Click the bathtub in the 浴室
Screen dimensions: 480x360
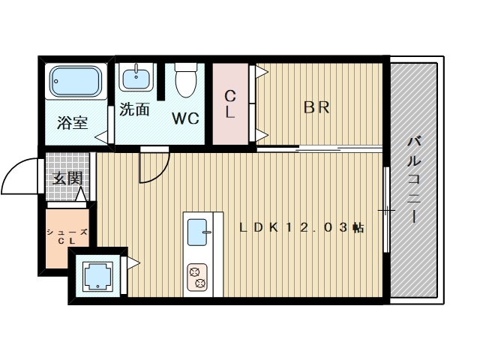pyautogui.click(x=76, y=81)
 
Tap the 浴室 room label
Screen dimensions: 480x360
pyautogui.click(x=73, y=123)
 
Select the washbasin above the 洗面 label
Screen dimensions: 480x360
pyautogui.click(x=136, y=77)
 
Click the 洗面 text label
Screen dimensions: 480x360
pyautogui.click(x=134, y=109)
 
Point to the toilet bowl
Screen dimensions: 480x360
pyautogui.click(x=186, y=80)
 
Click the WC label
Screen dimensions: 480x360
pyautogui.click(x=185, y=118)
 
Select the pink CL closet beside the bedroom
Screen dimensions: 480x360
pyautogui.click(x=230, y=103)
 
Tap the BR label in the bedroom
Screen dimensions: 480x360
pyautogui.click(x=316, y=107)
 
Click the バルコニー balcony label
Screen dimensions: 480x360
pyautogui.click(x=413, y=180)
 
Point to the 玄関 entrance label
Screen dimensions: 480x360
pyautogui.click(x=67, y=178)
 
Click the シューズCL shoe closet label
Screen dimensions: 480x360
pyautogui.click(x=67, y=237)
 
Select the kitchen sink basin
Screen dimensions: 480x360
pyautogui.click(x=197, y=232)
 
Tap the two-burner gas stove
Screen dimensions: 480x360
pyautogui.click(x=197, y=277)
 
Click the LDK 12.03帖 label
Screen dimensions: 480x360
pyautogui.click(x=301, y=227)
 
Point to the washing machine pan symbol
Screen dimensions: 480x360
pyautogui.click(x=98, y=276)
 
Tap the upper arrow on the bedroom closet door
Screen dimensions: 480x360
pyautogui.click(x=262, y=72)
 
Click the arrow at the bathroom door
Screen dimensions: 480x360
pyautogui.click(x=101, y=137)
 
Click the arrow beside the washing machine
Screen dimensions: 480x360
pyautogui.click(x=133, y=263)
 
